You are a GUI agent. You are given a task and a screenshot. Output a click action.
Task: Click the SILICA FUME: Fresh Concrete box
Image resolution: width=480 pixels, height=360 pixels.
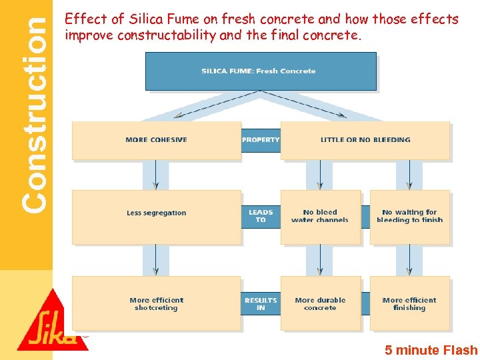click(x=261, y=71)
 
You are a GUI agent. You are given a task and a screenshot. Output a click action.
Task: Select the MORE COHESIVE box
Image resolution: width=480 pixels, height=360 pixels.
click(x=156, y=140)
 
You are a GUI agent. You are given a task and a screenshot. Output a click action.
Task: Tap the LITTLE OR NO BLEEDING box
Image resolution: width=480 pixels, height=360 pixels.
click(x=365, y=140)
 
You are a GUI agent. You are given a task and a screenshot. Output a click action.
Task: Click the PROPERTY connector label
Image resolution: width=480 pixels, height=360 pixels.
click(x=261, y=140)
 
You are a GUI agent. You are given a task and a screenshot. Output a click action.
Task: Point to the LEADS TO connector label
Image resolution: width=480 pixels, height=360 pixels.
click(x=261, y=216)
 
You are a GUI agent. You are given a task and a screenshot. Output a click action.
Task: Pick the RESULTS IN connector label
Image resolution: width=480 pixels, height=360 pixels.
click(x=261, y=304)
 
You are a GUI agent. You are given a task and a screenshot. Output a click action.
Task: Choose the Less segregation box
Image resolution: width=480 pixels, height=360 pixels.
click(x=156, y=213)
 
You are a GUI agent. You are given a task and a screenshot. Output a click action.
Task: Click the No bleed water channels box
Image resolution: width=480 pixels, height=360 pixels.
click(x=320, y=216)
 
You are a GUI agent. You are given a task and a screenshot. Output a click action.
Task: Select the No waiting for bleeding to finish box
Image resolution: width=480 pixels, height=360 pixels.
click(x=409, y=216)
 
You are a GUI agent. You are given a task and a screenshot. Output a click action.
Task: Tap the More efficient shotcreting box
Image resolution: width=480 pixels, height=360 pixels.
click(x=156, y=304)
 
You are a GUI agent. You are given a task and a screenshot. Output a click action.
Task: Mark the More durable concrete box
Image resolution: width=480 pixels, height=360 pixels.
click(x=320, y=304)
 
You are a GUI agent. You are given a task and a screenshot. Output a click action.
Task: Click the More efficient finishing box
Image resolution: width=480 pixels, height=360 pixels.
click(x=409, y=304)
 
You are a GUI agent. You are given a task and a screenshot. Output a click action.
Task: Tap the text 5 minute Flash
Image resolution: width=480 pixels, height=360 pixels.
click(x=431, y=350)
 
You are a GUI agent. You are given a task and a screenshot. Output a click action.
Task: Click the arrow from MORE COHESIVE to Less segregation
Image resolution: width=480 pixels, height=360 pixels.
click(x=155, y=175)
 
